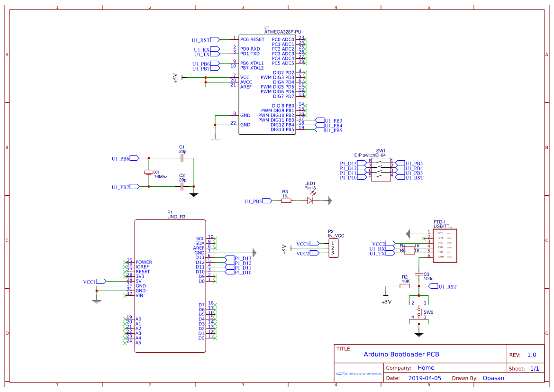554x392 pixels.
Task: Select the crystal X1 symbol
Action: pyautogui.click(x=149, y=172)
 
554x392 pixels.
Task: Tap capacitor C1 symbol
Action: pyautogui.click(x=182, y=158)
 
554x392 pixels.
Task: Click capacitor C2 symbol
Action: pyautogui.click(x=182, y=186)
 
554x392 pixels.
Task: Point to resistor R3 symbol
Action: pyautogui.click(x=286, y=201)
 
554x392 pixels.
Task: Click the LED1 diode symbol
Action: pyautogui.click(x=310, y=201)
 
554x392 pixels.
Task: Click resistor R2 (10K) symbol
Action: pyautogui.click(x=405, y=286)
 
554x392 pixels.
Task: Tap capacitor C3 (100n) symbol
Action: pyautogui.click(x=418, y=274)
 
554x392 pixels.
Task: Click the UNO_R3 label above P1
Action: pyautogui.click(x=176, y=217)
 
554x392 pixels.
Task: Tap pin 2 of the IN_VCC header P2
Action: pyautogui.click(x=333, y=248)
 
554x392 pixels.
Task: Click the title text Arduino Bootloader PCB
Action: pyautogui.click(x=401, y=354)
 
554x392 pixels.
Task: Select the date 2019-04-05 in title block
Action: pyautogui.click(x=425, y=378)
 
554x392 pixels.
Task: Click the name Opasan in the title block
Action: pyautogui.click(x=493, y=378)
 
